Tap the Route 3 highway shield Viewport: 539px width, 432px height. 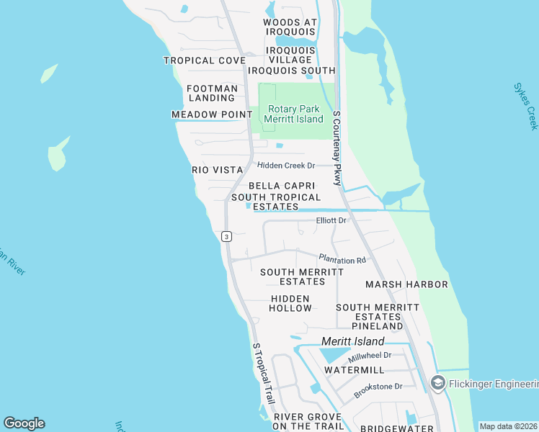pyautogui.click(x=226, y=236)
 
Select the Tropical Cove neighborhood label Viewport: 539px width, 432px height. pyautogui.click(x=205, y=60)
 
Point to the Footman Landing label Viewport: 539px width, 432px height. pyautogui.click(x=211, y=93)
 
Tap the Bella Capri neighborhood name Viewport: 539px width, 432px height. pyautogui.click(x=282, y=186)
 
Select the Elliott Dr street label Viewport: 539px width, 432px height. pyautogui.click(x=331, y=220)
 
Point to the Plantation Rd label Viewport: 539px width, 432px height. pyautogui.click(x=342, y=260)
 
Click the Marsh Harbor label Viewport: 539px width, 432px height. pyautogui.click(x=406, y=284)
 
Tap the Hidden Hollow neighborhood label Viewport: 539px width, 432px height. pyautogui.click(x=291, y=303)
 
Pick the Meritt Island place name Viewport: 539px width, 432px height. pyautogui.click(x=353, y=341)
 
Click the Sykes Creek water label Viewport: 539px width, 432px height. pyautogui.click(x=525, y=107)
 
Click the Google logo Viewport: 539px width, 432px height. pyautogui.click(x=24, y=423)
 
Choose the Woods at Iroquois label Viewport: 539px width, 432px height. pyautogui.click(x=290, y=27)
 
